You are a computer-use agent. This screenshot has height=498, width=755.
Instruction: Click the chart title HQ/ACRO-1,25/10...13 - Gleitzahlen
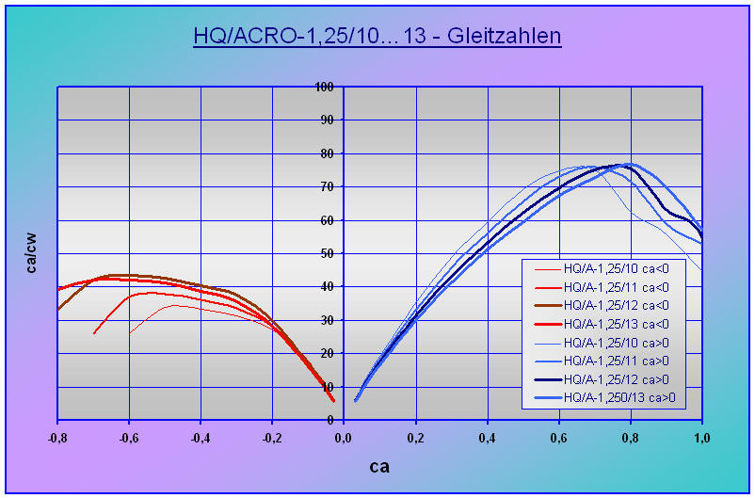coord(377,37)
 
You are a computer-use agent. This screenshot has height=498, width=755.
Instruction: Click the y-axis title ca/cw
coord(32,252)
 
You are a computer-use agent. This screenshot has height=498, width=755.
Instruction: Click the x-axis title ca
coord(378,466)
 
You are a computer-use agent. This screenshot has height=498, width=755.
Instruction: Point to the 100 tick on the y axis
coord(326,87)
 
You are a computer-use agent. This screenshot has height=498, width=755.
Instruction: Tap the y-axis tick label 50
coord(329,253)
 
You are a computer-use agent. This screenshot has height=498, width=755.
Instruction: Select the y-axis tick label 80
coord(329,153)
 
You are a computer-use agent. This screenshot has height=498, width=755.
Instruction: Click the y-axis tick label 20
coord(329,353)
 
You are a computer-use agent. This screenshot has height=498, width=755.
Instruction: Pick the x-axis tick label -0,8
coord(57,438)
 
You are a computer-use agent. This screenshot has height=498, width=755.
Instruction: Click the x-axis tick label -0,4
coord(201,438)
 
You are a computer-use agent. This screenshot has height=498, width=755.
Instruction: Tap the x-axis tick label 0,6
coord(559,438)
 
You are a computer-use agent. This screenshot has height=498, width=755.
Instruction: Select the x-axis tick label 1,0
coord(701,438)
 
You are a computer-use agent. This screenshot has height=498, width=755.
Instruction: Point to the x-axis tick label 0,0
coord(345,438)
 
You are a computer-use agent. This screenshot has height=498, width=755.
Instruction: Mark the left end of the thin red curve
coord(130,332)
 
